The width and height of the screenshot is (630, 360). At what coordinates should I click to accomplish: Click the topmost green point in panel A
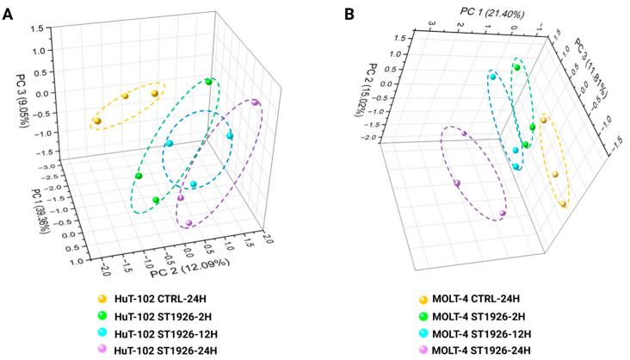209,82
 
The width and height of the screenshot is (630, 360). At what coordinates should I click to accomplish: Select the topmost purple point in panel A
256,103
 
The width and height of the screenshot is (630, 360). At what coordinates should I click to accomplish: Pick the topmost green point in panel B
517,67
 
